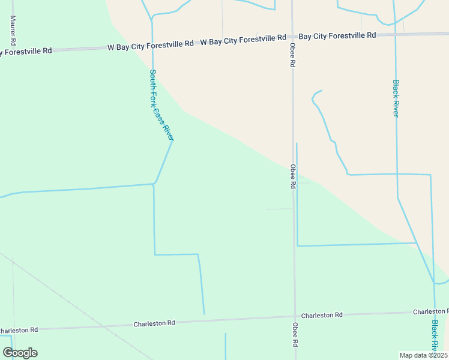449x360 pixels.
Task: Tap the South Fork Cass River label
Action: click(x=161, y=105)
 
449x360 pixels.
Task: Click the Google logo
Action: click(x=20, y=353)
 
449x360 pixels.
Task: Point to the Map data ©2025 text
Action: click(x=423, y=355)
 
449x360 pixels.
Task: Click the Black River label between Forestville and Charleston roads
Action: click(x=396, y=98)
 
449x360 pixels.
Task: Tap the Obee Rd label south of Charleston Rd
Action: click(x=295, y=335)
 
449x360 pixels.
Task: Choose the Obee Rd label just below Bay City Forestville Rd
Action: click(x=292, y=55)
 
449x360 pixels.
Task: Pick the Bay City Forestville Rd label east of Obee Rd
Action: click(x=337, y=36)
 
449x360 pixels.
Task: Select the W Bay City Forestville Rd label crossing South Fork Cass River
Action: click(x=151, y=44)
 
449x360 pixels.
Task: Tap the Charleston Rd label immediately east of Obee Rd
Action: click(x=322, y=315)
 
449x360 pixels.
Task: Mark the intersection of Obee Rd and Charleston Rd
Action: click(x=295, y=317)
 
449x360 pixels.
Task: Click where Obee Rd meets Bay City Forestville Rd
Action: click(x=292, y=37)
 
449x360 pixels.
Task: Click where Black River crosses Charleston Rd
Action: click(x=435, y=312)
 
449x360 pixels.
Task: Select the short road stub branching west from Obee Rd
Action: click(x=280, y=209)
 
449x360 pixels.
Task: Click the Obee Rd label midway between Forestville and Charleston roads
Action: click(x=293, y=176)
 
